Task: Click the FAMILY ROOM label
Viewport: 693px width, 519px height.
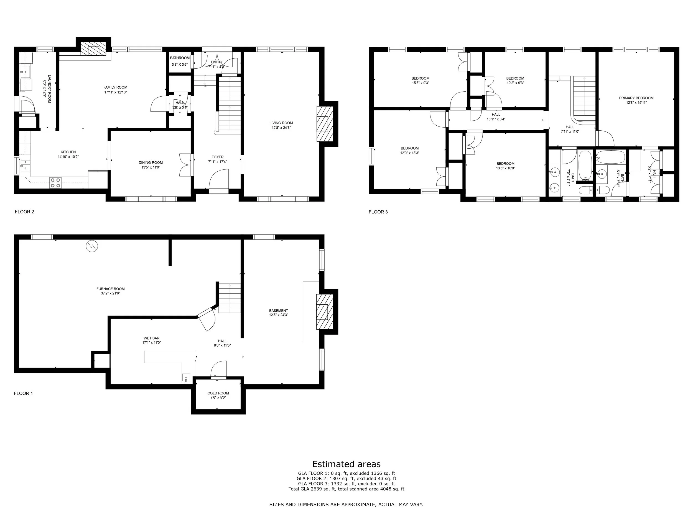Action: click(115, 87)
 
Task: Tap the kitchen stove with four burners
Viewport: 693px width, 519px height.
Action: click(55, 183)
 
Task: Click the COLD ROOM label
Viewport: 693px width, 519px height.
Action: click(218, 393)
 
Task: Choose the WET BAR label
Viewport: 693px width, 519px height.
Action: click(152, 338)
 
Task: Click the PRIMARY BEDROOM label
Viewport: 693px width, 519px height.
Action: click(636, 98)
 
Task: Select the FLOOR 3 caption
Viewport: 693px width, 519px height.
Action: click(378, 212)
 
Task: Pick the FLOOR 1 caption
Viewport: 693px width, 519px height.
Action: click(23, 393)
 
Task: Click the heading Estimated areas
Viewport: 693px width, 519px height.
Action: click(346, 464)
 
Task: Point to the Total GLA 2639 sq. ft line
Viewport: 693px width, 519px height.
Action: click(346, 489)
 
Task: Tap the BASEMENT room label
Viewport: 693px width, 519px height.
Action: click(278, 311)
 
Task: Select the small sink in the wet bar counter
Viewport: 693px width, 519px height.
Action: click(186, 378)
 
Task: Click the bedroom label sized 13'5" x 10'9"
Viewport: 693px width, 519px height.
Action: click(505, 164)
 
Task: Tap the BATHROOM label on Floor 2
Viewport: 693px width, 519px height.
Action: click(180, 58)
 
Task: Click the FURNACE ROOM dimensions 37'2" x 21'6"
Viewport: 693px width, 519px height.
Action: click(110, 293)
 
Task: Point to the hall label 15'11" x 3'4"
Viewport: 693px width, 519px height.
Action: click(496, 119)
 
